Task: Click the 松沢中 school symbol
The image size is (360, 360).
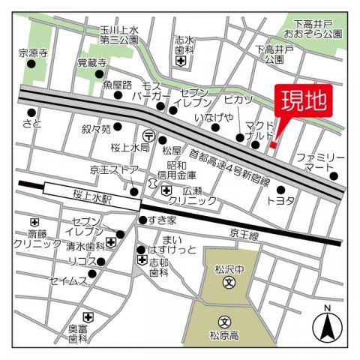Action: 229,283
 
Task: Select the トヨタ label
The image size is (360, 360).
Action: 280,201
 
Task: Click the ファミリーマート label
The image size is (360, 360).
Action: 321,163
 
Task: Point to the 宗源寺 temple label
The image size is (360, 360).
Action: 33,53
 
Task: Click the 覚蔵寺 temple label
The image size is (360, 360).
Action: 93,64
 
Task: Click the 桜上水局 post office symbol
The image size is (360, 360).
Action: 150,136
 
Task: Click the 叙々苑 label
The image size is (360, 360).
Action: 97,128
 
